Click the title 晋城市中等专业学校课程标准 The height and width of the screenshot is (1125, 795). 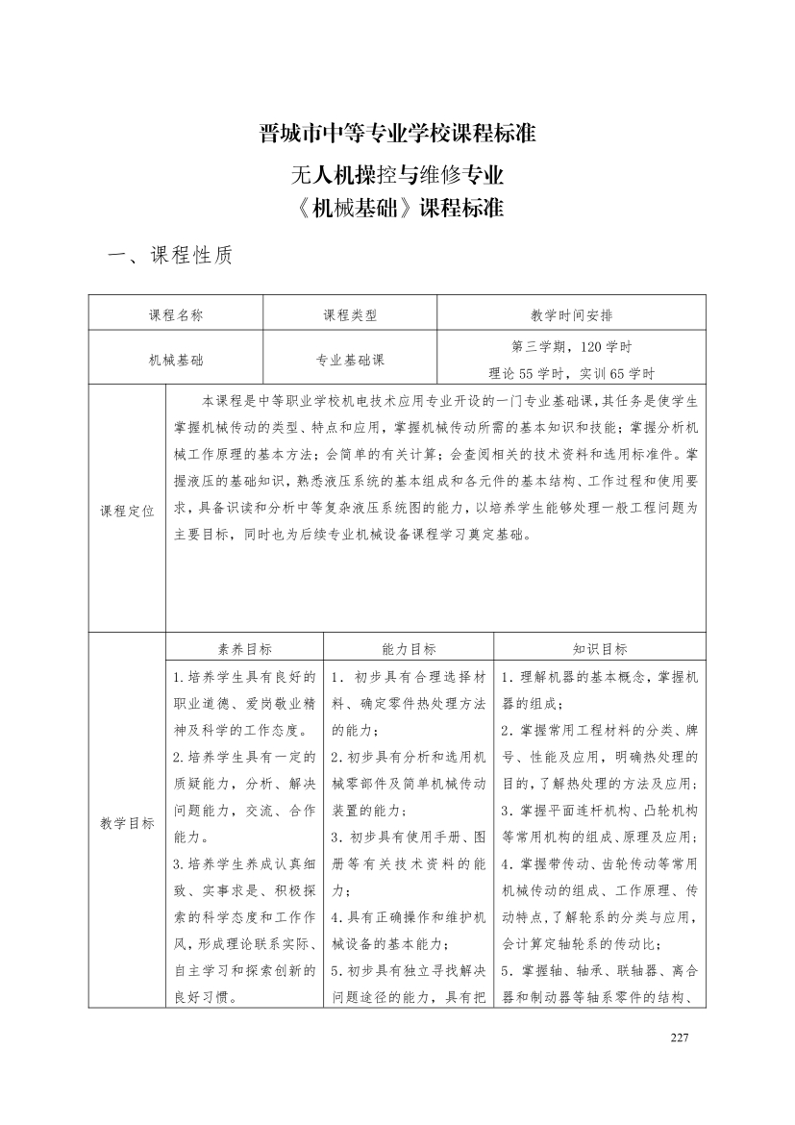397,133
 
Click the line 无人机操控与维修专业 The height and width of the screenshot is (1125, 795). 397,175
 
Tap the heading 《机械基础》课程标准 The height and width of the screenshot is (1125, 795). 397,209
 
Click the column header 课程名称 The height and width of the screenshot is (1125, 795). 175,313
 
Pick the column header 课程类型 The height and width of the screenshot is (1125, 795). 350,313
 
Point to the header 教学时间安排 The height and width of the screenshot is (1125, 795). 571,313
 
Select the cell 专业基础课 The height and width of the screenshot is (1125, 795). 350,360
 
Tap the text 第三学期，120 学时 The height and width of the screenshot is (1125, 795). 571,346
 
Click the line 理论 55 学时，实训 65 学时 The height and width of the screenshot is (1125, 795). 571,373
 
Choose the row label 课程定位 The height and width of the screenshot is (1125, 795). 127,511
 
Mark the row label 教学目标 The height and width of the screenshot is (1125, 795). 127,823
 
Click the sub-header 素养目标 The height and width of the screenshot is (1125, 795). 244,649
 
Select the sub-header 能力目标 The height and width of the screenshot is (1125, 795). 409,649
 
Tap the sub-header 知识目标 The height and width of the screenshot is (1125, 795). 600,649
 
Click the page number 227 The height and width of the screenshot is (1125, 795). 680,1037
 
